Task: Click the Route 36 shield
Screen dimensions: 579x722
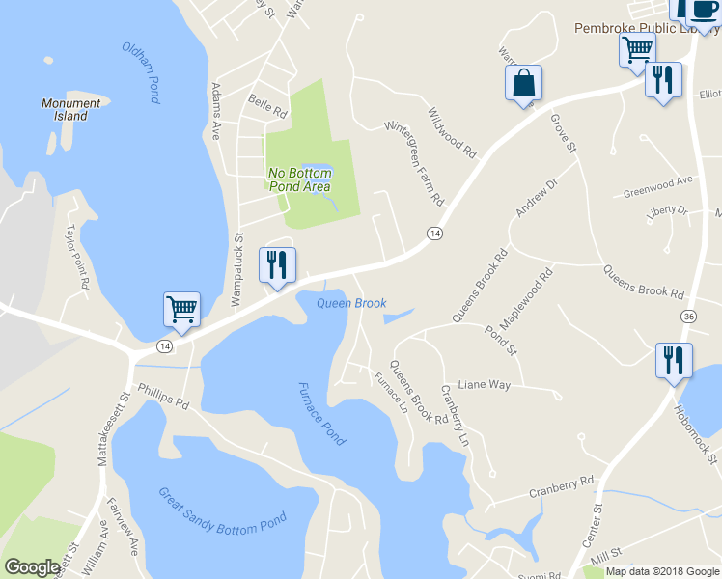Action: point(687,316)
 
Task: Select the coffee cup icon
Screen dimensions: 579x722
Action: point(702,10)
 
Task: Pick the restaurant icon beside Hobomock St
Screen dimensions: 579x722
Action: point(673,360)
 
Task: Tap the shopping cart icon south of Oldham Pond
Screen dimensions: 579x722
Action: point(181,309)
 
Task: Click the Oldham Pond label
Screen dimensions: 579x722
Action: point(141,73)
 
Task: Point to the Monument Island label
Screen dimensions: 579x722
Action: point(70,109)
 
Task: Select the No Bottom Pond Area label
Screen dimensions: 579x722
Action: point(299,179)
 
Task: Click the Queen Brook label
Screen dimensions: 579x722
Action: point(351,303)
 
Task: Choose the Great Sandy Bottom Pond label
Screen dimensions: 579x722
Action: point(222,511)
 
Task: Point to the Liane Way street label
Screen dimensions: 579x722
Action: point(484,384)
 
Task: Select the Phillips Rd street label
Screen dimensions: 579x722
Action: point(163,396)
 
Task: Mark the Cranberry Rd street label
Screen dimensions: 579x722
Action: point(560,486)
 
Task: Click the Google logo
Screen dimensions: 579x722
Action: point(32,567)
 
